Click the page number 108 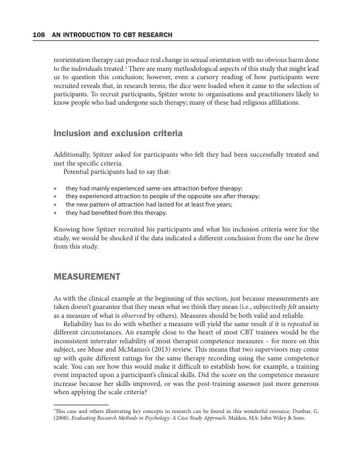(x=39, y=35)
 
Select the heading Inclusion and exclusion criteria (x=118, y=133)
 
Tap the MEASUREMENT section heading (x=87, y=277)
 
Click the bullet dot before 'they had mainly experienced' (x=55, y=188)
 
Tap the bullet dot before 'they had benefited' (x=55, y=213)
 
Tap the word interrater (x=99, y=341)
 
